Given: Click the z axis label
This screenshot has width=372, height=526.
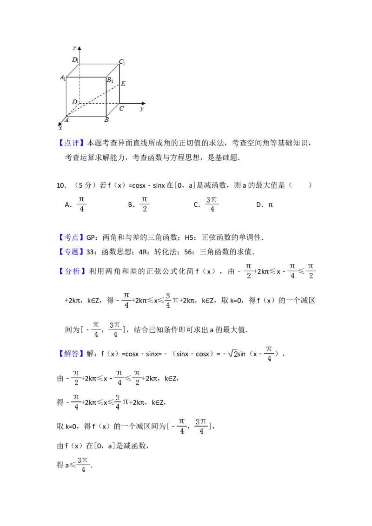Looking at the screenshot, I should point(74,48).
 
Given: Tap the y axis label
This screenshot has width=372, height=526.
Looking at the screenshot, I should point(141,109).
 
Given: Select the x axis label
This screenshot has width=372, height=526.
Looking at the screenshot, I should point(60,128).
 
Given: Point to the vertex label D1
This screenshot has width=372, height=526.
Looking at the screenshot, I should point(75,60).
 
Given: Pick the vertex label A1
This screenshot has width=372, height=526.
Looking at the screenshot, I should point(63,78).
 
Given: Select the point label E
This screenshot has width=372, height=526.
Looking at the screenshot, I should point(123,84).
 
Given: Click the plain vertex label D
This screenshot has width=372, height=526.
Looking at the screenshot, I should point(74,101).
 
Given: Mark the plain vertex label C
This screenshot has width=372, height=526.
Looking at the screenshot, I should point(121,109).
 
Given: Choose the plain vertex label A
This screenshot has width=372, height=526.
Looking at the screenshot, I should point(66,120).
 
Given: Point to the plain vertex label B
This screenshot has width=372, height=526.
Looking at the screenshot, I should point(106,120).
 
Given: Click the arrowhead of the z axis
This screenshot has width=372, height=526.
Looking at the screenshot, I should point(80,48).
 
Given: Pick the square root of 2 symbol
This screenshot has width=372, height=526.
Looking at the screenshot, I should point(232,354).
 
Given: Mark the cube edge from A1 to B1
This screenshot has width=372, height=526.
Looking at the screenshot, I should point(86,77).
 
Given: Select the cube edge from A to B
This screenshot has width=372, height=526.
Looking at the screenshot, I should point(86,117).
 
